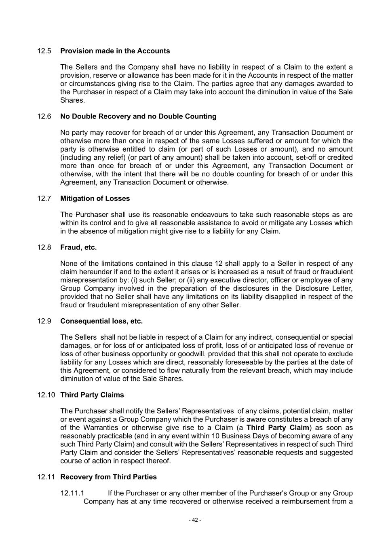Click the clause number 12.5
[x=44, y=51]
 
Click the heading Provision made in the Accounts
[x=115, y=51]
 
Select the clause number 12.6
[x=44, y=116]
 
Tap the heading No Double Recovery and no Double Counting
[x=138, y=116]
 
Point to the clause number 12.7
[x=44, y=199]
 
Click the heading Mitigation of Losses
[x=95, y=199]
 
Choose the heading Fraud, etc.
[x=78, y=247]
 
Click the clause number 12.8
[x=44, y=247]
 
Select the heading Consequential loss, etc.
[x=101, y=321]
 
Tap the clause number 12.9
[x=44, y=321]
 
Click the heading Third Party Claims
[x=92, y=395]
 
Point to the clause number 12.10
[x=46, y=395]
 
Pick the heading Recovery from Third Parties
[x=108, y=477]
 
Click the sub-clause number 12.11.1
[x=72, y=493]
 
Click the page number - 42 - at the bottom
[x=195, y=520]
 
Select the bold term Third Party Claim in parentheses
[x=278, y=428]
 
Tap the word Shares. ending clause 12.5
[x=72, y=100]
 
